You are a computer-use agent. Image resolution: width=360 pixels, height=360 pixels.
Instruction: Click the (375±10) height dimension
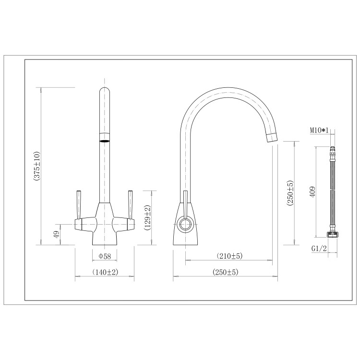pyautogui.click(x=37, y=166)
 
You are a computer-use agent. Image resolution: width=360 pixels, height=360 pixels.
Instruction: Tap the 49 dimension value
pyautogui.click(x=57, y=234)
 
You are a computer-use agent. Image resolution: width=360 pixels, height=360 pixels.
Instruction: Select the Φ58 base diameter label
pyautogui.click(x=105, y=256)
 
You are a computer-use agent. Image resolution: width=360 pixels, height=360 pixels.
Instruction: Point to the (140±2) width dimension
pyautogui.click(x=105, y=272)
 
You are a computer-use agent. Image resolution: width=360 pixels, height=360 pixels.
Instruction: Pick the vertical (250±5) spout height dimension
pyautogui.click(x=290, y=193)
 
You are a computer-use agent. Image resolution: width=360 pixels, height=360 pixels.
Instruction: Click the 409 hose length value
pyautogui.click(x=312, y=192)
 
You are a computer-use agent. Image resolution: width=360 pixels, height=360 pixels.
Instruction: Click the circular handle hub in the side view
pyautogui.click(x=185, y=223)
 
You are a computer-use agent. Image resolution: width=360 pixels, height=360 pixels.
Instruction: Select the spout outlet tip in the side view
pyautogui.click(x=271, y=136)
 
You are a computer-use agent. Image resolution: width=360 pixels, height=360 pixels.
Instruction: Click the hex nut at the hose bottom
pyautogui.click(x=331, y=234)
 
